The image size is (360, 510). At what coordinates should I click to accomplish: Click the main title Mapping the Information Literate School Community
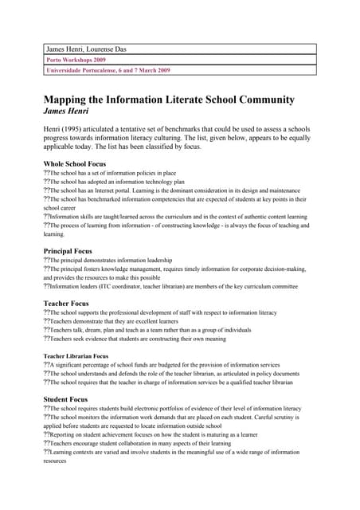tap(169, 100)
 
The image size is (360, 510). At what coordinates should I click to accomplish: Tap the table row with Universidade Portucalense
tap(108, 70)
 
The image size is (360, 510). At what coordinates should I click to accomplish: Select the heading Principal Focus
tap(68, 251)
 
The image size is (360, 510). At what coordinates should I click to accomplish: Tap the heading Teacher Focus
tap(65, 304)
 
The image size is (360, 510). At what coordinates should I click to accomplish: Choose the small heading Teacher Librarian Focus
tap(76, 355)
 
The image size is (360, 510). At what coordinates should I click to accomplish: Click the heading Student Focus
tap(65, 398)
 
